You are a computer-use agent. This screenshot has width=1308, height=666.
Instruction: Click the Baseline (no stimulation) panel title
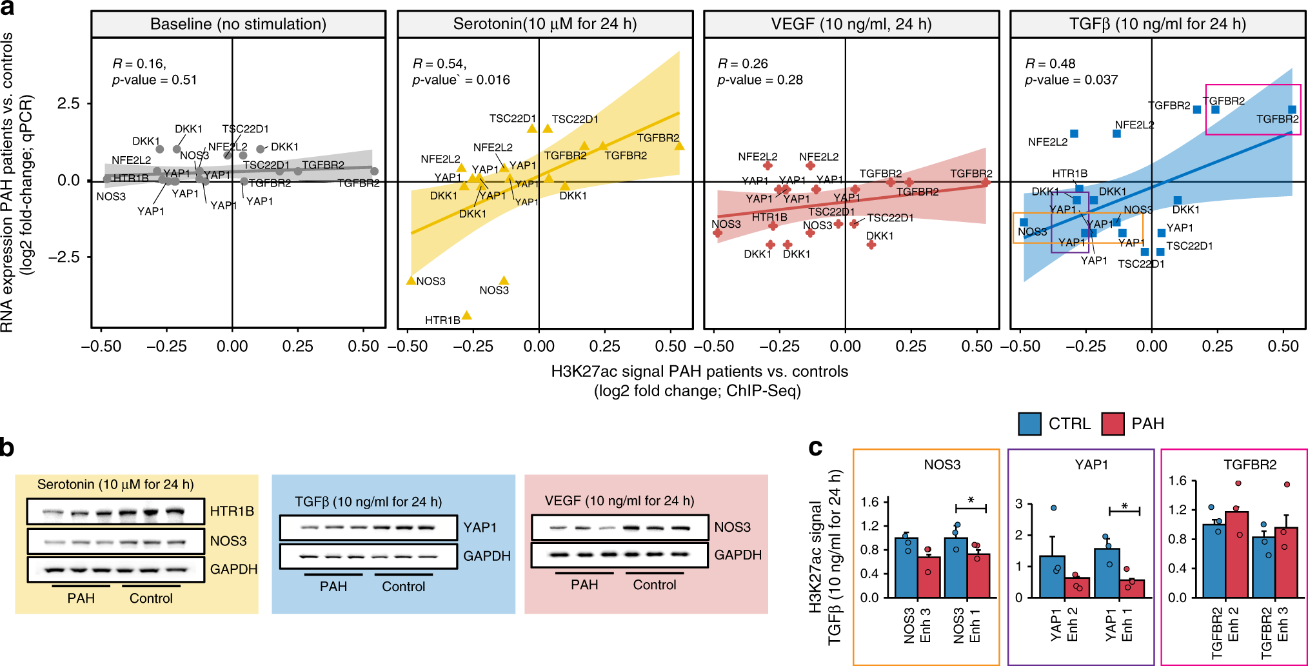click(238, 25)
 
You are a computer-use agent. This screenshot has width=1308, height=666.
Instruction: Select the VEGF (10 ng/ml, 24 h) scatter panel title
click(851, 25)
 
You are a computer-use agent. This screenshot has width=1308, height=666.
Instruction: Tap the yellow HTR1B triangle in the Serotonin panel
click(466, 316)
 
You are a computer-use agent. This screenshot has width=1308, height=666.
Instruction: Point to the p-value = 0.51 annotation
click(154, 80)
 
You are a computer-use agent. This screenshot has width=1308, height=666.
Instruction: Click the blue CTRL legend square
click(1029, 424)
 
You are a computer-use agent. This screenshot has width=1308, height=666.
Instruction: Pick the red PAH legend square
click(1113, 424)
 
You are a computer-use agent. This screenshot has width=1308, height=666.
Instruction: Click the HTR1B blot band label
click(232, 511)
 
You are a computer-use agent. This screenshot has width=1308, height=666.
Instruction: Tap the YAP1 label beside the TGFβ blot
click(480, 527)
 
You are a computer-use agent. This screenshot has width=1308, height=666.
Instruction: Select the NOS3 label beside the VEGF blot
click(732, 527)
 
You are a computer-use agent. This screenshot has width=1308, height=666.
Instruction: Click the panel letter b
click(7, 447)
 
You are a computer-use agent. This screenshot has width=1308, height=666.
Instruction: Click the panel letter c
click(815, 447)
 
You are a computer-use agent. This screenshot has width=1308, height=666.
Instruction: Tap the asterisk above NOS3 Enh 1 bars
click(971, 501)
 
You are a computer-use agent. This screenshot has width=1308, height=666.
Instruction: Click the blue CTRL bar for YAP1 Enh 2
click(1052, 576)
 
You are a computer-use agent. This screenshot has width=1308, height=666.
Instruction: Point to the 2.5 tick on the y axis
click(68, 104)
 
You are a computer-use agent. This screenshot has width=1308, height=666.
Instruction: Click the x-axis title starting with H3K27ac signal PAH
click(699, 372)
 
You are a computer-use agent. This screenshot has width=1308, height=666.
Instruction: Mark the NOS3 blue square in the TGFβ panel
click(1024, 223)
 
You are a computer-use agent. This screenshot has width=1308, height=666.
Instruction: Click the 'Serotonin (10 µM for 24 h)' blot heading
click(115, 485)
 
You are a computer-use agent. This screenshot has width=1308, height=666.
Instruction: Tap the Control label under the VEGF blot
click(654, 585)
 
